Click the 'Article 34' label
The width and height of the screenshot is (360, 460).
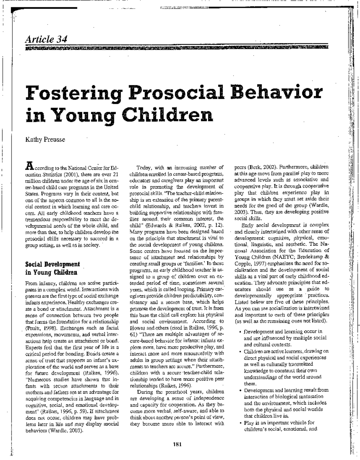pyautogui.click(x=46, y=39)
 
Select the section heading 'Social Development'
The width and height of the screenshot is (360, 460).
pyautogui.click(x=52, y=264)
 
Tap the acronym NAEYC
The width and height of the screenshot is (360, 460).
pyautogui.click(x=282, y=257)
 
